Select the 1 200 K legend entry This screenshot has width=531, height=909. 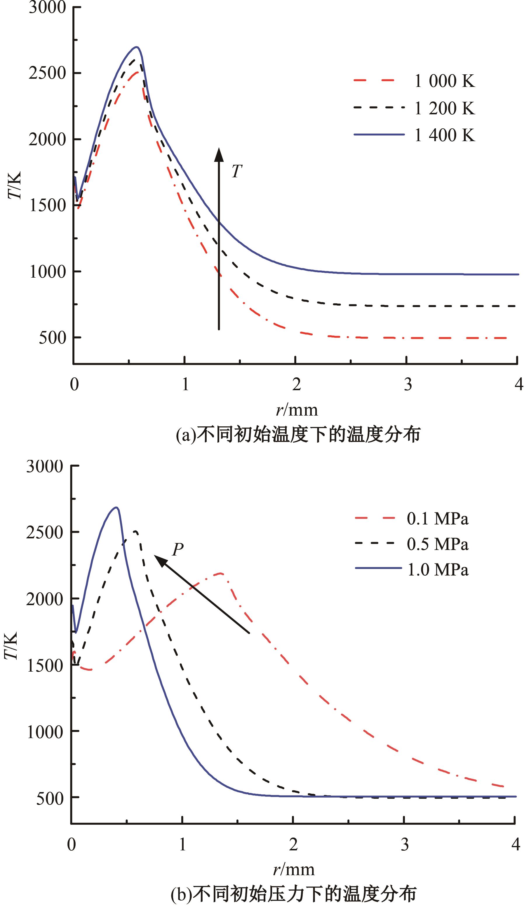pyautogui.click(x=444, y=108)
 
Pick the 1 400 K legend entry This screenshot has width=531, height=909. pyautogui.click(x=444, y=135)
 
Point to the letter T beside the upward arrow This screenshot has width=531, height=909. pyautogui.click(x=236, y=171)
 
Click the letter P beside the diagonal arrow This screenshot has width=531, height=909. pyautogui.click(x=177, y=549)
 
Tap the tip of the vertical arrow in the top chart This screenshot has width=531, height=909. pyautogui.click(x=219, y=149)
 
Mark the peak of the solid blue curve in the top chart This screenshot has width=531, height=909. pyautogui.click(x=136, y=47)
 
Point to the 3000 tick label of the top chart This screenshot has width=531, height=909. pyautogui.click(x=47, y=7)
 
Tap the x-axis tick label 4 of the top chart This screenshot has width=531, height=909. pyautogui.click(x=519, y=385)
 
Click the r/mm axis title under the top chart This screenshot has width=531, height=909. pyautogui.click(x=297, y=410)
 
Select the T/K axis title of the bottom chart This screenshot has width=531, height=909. pyautogui.click(x=12, y=646)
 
